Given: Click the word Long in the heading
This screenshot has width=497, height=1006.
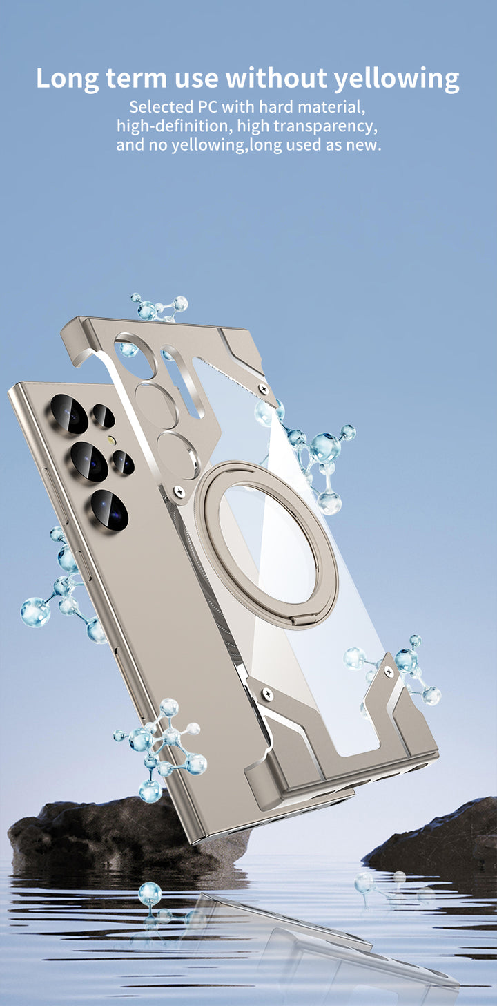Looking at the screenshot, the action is coord(67,79).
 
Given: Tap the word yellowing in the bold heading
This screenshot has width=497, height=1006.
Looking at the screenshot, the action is coord(396,79).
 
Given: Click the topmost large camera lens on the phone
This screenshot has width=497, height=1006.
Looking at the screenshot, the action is coord(69,414).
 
